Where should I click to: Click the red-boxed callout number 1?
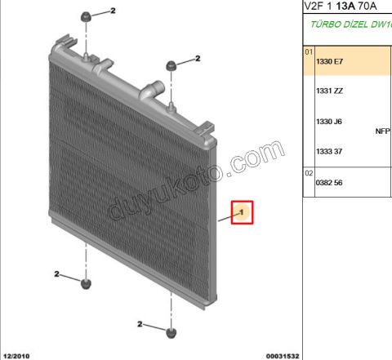[243, 213]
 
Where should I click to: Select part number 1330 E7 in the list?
[329, 61]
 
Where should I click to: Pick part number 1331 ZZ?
[329, 91]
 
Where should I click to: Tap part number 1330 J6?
[329, 122]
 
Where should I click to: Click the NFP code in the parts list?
[382, 130]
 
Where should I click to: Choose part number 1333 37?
[328, 151]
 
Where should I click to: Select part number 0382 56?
[329, 182]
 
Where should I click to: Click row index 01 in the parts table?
[309, 51]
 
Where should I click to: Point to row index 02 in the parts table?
[309, 173]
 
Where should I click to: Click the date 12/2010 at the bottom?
[17, 355]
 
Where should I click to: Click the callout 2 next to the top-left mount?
[114, 11]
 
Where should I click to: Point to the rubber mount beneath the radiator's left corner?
[87, 283]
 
